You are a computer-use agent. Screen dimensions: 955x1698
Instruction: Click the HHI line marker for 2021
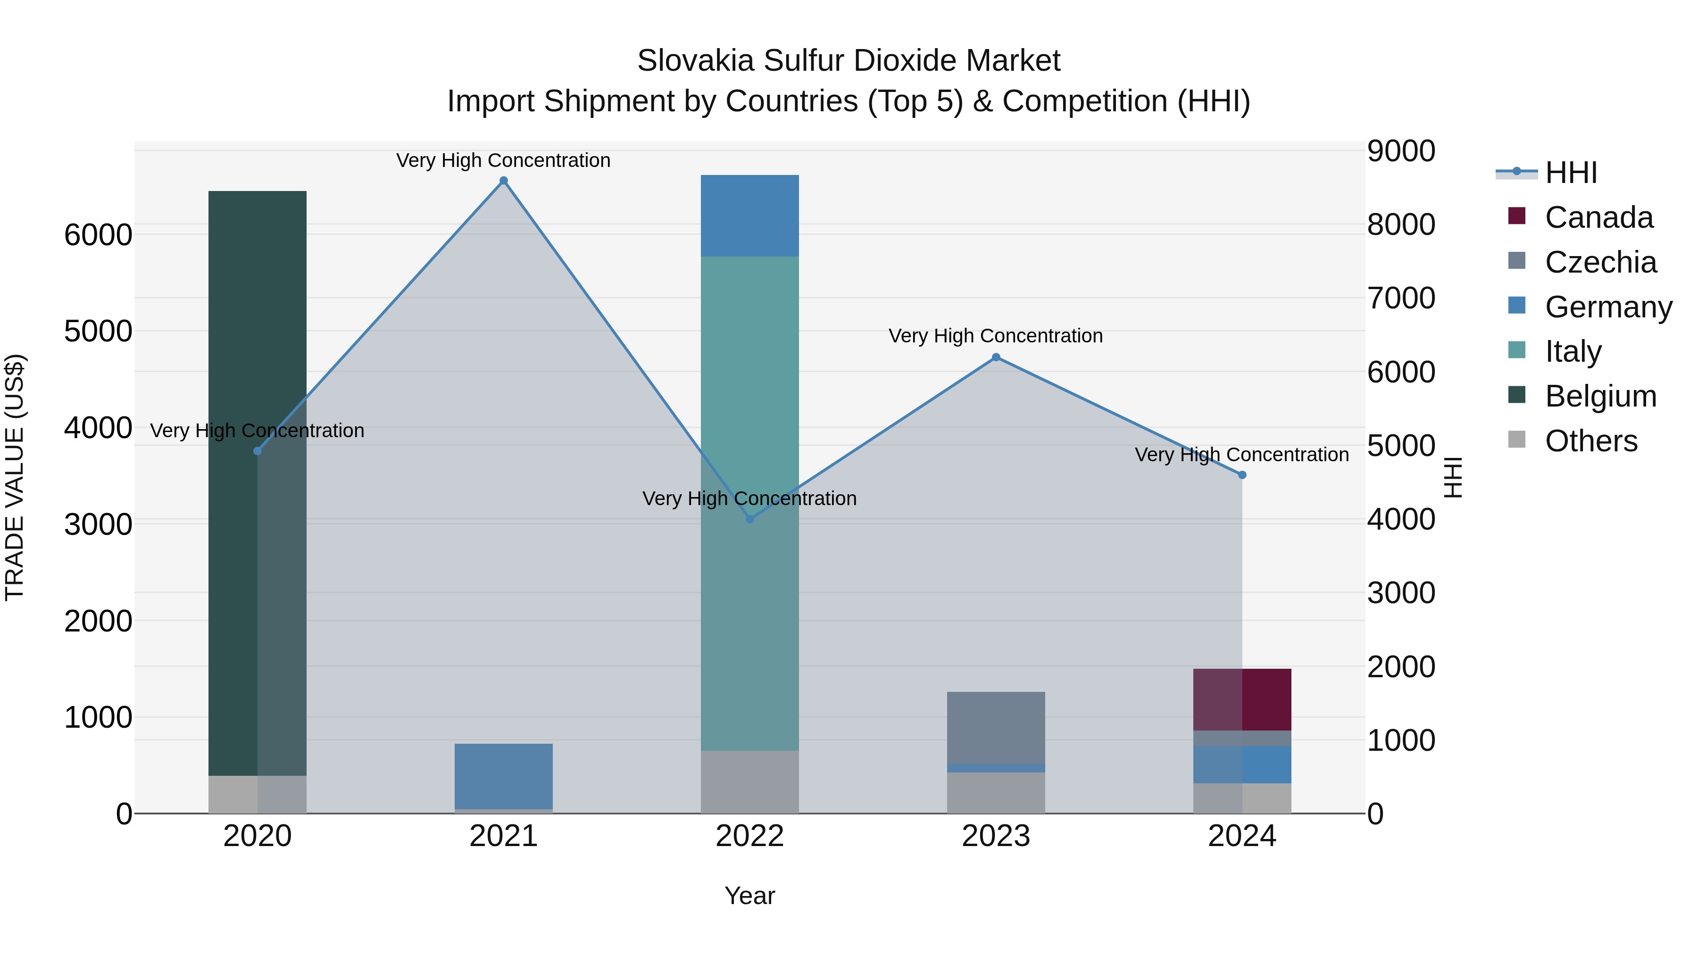pyautogui.click(x=504, y=181)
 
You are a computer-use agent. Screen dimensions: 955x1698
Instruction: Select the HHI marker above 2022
pyautogui.click(x=749, y=519)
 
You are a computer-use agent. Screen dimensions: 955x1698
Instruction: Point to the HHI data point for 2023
pyautogui.click(x=996, y=357)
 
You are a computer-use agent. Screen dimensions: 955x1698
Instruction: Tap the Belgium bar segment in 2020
pyautogui.click(x=257, y=481)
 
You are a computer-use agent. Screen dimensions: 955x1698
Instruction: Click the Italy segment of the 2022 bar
pyautogui.click(x=749, y=501)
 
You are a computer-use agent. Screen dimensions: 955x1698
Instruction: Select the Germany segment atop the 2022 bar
pyautogui.click(x=749, y=216)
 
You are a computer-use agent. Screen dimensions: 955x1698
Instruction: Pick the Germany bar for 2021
pyautogui.click(x=504, y=776)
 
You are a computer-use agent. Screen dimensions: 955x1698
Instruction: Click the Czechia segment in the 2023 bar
pyautogui.click(x=996, y=727)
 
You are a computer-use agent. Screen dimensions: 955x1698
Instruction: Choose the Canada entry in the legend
pyautogui.click(x=1598, y=217)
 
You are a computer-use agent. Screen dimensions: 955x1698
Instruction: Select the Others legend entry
pyautogui.click(x=1590, y=441)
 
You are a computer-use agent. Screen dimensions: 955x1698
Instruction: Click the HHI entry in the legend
pyautogui.click(x=1570, y=173)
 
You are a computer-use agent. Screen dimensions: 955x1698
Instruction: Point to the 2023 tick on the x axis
pyautogui.click(x=996, y=836)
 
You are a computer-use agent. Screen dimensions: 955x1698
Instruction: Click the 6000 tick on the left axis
pyautogui.click(x=98, y=235)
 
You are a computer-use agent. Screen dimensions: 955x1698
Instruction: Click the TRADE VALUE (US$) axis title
pyautogui.click(x=15, y=477)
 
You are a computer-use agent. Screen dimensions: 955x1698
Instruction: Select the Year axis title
pyautogui.click(x=749, y=896)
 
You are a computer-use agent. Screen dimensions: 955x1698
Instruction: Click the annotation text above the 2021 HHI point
pyautogui.click(x=504, y=160)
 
